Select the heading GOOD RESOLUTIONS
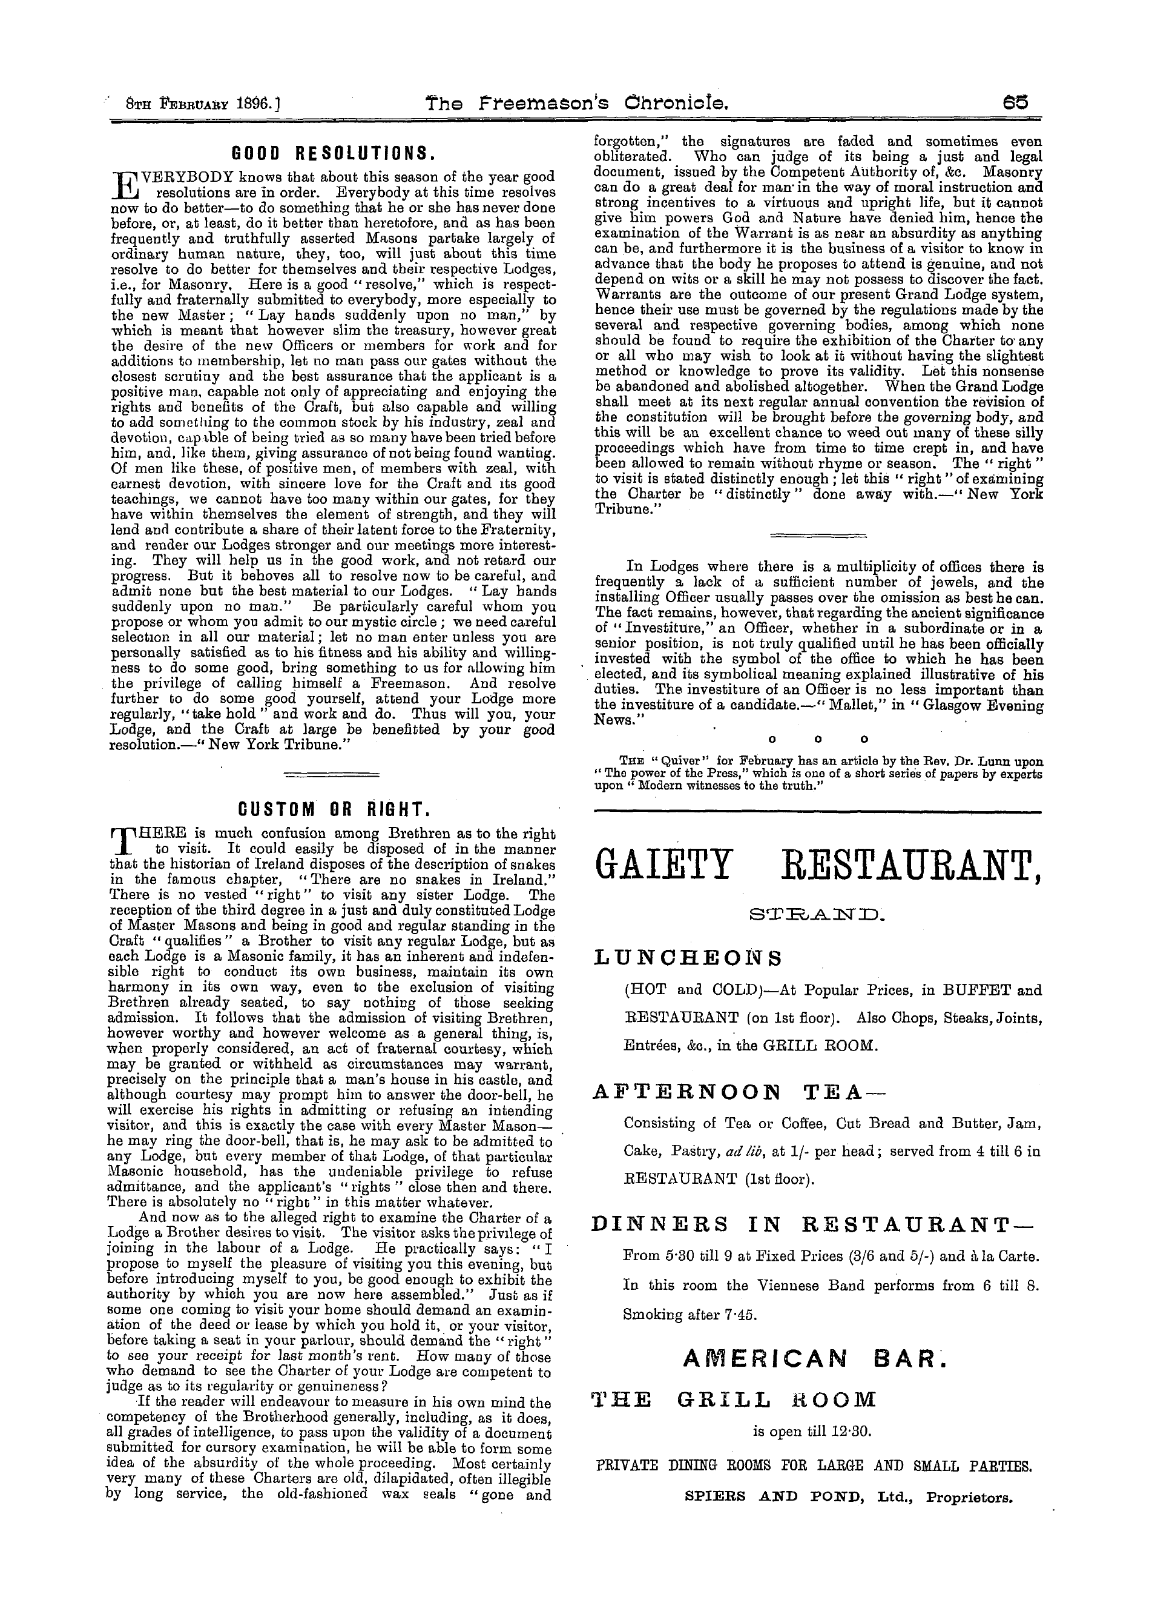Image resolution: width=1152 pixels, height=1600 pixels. pos(332,153)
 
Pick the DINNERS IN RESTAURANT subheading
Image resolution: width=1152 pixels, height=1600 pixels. pos(814,1226)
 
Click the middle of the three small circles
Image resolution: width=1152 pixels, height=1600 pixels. pos(818,739)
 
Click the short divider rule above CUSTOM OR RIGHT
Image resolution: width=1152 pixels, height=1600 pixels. pos(331,775)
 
